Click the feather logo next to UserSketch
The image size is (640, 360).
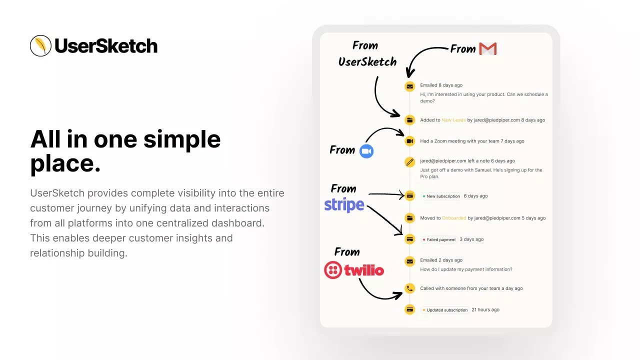pos(40,45)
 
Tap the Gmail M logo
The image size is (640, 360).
pos(487,48)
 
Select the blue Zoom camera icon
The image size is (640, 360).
pos(366,151)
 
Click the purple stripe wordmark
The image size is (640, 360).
pos(344,204)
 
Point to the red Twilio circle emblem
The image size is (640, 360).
pos(333,269)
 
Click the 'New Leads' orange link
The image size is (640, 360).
pos(453,120)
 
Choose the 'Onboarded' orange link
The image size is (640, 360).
pos(454,218)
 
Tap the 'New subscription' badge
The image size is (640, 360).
pos(441,196)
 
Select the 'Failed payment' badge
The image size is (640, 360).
pos(439,239)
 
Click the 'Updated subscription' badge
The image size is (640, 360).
pos(445,310)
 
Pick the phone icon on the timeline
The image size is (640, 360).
pos(409,288)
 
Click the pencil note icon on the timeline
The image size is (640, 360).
pos(409,162)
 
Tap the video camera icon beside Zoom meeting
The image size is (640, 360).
pos(409,141)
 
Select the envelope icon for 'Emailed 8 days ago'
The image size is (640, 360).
pos(409,86)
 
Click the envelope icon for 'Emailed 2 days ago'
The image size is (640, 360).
pos(409,261)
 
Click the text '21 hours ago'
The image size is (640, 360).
pos(485,309)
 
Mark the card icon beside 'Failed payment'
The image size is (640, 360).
pos(409,239)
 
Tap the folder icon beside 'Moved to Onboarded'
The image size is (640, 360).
pos(409,218)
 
